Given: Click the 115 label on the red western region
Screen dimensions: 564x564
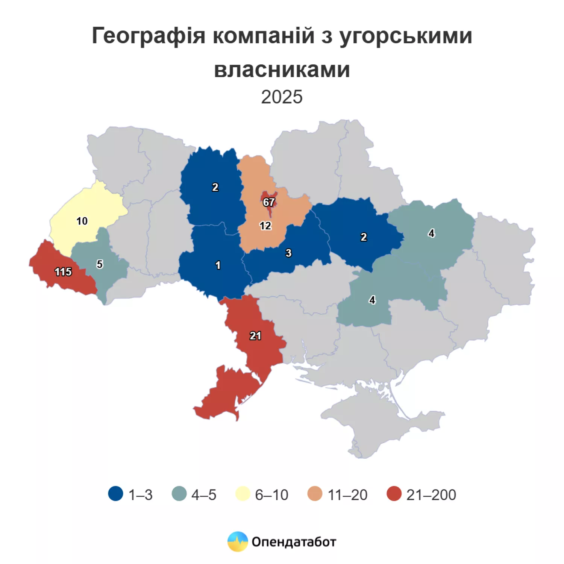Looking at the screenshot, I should [x=63, y=272].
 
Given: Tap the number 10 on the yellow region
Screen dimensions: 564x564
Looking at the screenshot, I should [x=82, y=221].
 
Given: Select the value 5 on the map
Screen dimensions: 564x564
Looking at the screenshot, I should [x=100, y=264].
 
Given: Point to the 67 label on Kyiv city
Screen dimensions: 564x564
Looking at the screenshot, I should [x=268, y=202].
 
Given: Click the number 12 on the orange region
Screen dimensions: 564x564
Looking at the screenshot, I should [x=265, y=226].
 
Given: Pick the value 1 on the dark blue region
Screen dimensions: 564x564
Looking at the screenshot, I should [x=218, y=265].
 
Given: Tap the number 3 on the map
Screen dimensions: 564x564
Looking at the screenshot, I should [x=288, y=253].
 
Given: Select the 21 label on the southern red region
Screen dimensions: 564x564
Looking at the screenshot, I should [x=255, y=336].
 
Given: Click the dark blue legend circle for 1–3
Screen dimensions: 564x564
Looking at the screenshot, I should [x=115, y=494].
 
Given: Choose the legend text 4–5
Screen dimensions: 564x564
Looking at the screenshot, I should [x=204, y=495].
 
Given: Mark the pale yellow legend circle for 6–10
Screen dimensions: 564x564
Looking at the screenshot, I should [x=243, y=494].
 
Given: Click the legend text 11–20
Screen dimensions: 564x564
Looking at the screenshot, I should [x=347, y=495].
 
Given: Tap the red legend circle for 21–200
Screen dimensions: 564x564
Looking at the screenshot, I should [x=394, y=494].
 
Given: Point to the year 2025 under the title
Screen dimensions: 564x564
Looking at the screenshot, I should [x=282, y=97].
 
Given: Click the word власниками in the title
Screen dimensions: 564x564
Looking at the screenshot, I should [x=282, y=70].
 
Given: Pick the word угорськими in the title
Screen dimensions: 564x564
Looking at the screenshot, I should [x=406, y=36].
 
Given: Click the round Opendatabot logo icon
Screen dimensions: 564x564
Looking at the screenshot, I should [x=238, y=541].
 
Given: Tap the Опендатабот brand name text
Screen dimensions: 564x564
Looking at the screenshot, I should [x=294, y=542].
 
